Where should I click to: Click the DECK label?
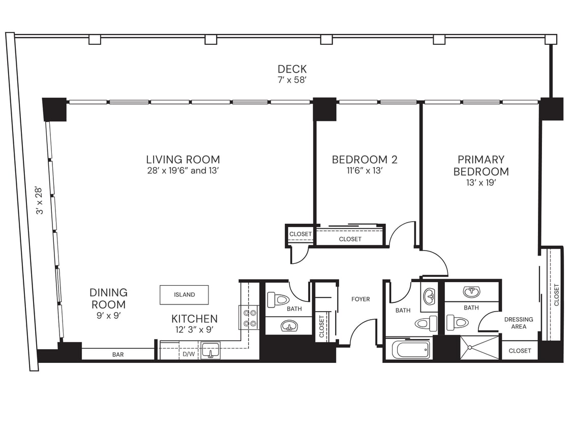(292, 69)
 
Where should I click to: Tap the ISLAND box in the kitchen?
(184, 294)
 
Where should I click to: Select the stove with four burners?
(249, 318)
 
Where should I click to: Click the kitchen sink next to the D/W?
(210, 350)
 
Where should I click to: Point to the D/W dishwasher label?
(188, 354)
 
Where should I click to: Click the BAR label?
(118, 354)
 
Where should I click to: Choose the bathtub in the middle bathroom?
(411, 349)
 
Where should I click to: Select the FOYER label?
(360, 299)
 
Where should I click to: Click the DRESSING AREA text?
(519, 323)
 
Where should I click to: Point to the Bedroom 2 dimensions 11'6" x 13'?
(364, 171)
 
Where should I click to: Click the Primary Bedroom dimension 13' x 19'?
(480, 183)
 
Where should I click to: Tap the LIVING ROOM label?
(183, 160)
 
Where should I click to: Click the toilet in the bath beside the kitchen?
(278, 299)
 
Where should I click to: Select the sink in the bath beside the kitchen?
(289, 325)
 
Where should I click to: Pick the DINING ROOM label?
(108, 298)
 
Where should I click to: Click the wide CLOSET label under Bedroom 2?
(350, 239)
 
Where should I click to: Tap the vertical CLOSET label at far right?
(556, 295)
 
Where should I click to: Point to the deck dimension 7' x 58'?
(292, 80)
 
